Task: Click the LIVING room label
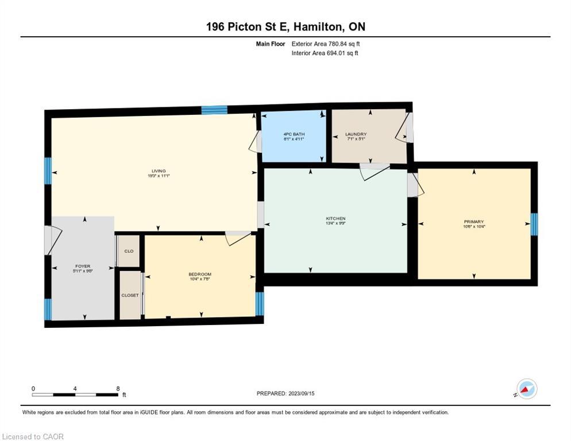[x=159, y=171]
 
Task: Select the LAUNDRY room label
[x=356, y=135]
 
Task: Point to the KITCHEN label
[x=335, y=219]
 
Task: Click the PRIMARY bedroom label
[x=474, y=222]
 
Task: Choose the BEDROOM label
[x=200, y=274]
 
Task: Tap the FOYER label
[x=83, y=266]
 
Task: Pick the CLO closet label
[x=129, y=251]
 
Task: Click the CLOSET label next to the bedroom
[x=130, y=295]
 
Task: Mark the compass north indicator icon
[x=526, y=389]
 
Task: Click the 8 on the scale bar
[x=118, y=388]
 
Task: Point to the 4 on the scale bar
[x=75, y=388]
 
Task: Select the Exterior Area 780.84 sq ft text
[x=326, y=44]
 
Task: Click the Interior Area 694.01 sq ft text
[x=325, y=53]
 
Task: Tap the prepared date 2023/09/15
[x=285, y=393]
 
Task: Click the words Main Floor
[x=271, y=44]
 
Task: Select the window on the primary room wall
[x=534, y=224]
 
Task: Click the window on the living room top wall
[x=214, y=110]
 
